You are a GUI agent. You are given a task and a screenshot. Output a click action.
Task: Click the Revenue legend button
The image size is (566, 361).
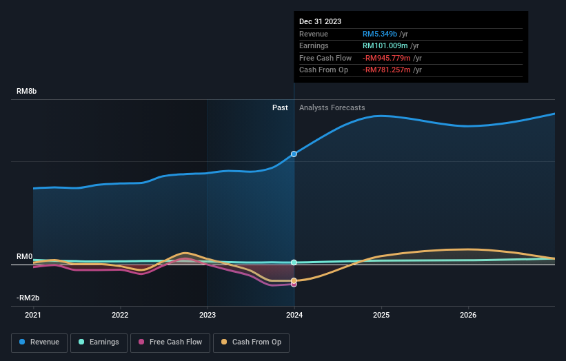click(x=39, y=342)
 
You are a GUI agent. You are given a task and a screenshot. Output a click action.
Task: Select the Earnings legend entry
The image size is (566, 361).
click(x=99, y=342)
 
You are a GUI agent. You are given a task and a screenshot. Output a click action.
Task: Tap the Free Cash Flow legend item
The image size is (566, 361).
click(x=170, y=342)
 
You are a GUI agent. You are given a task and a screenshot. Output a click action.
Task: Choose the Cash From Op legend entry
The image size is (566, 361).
click(x=252, y=342)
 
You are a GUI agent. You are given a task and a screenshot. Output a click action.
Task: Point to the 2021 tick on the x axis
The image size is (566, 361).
click(x=33, y=316)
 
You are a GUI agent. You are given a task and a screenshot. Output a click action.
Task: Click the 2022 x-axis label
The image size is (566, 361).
click(x=120, y=316)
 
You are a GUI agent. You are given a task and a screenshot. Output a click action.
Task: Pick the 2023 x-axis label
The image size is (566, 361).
click(x=208, y=316)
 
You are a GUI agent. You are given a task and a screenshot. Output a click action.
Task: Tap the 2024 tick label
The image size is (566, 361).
click(x=294, y=316)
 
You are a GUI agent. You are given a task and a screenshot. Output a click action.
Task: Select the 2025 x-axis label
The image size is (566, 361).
click(x=381, y=316)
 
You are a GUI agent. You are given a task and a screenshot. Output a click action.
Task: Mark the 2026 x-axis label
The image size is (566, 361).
click(x=468, y=316)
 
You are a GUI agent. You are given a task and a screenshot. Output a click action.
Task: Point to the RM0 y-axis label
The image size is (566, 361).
click(x=25, y=256)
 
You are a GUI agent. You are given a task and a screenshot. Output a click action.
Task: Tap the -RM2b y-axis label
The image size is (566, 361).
click(x=28, y=298)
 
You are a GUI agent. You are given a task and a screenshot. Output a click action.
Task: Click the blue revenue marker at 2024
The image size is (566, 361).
click(x=294, y=154)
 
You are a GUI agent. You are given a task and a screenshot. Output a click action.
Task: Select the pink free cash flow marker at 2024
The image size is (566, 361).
click(x=294, y=284)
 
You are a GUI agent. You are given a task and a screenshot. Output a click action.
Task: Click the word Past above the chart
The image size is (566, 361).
click(x=280, y=107)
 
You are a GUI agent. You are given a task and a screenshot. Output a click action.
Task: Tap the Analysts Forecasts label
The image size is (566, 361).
click(x=332, y=107)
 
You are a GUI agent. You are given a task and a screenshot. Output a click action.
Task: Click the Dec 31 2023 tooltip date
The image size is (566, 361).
click(x=320, y=22)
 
